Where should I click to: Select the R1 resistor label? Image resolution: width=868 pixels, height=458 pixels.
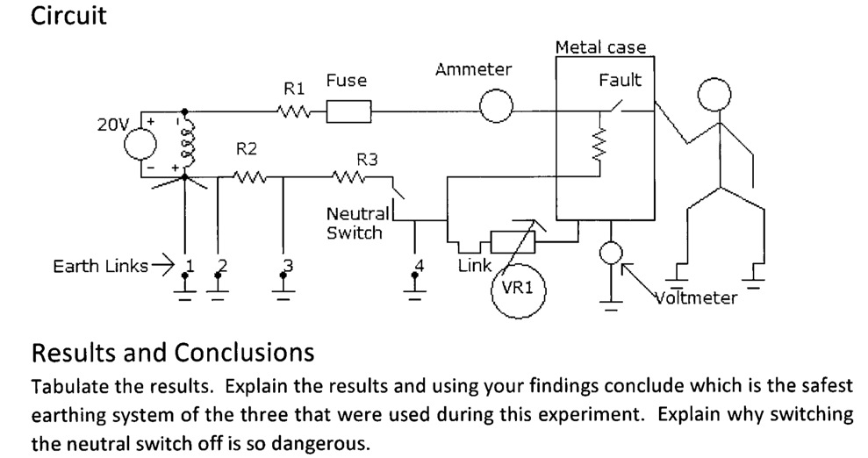click(293, 89)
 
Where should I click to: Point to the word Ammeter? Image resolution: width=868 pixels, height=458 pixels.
click(473, 70)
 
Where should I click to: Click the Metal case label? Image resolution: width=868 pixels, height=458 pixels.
click(600, 47)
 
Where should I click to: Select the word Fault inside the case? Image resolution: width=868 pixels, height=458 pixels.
click(620, 81)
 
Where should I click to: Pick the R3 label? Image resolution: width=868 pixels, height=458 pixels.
click(367, 160)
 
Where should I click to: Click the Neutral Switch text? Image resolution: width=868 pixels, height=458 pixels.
click(355, 224)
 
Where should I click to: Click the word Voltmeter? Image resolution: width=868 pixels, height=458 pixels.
click(697, 297)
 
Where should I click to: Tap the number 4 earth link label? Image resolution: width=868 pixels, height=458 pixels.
click(419, 264)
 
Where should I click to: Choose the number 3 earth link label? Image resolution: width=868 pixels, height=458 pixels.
click(285, 264)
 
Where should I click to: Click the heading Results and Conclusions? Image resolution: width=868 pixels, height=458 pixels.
click(173, 353)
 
